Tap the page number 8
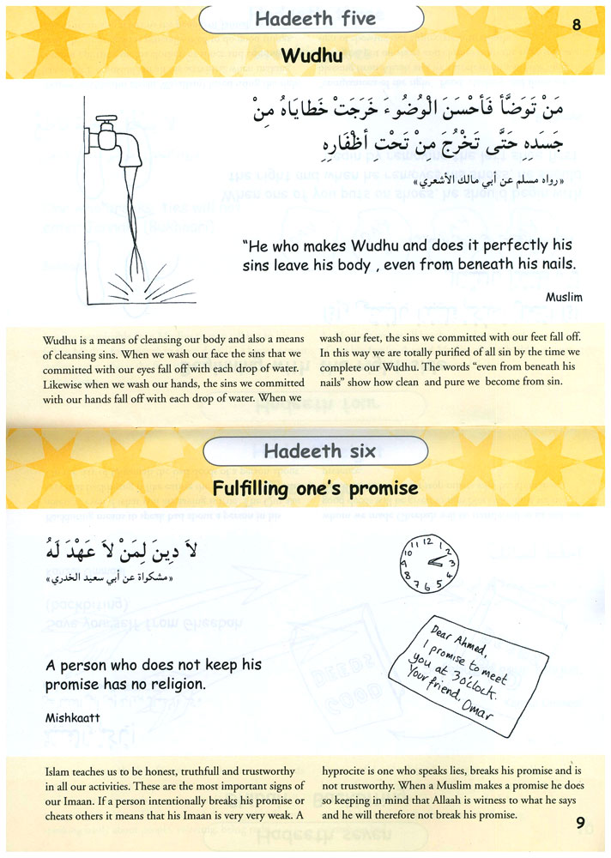(x=576, y=25)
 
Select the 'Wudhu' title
(x=305, y=57)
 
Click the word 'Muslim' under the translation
(x=564, y=297)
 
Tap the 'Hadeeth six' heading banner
(x=314, y=450)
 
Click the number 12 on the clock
(x=427, y=541)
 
